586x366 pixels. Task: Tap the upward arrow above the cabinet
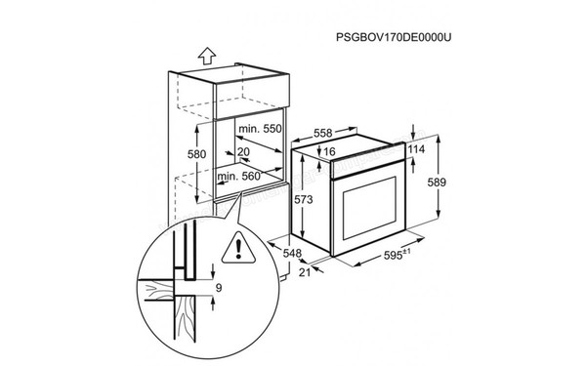(204, 57)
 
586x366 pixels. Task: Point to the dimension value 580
(197, 155)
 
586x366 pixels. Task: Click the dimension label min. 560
(239, 178)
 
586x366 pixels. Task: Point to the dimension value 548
(291, 252)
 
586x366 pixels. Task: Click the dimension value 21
(303, 272)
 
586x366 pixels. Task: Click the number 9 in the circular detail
(218, 289)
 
